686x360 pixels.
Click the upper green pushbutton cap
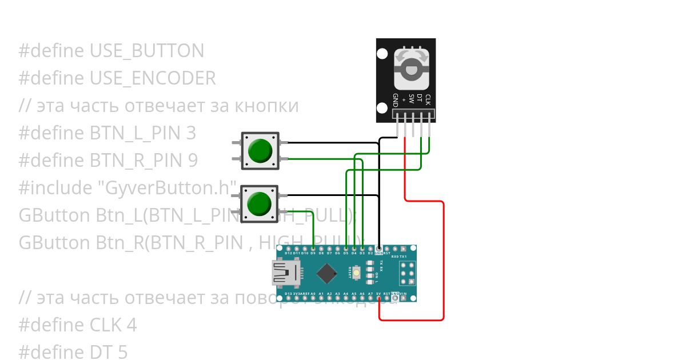pos(260,150)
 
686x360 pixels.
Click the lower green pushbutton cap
pos(260,203)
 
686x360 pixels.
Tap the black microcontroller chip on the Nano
pos(326,273)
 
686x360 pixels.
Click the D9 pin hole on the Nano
pos(313,249)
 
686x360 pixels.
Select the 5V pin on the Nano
pos(379,298)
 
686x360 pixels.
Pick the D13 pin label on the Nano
pos(288,294)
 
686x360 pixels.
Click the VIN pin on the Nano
pos(404,298)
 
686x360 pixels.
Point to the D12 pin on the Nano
pos(288,249)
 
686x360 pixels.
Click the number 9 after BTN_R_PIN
pos(193,161)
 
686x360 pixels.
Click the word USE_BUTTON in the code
pos(147,51)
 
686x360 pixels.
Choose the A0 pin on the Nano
pos(313,298)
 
